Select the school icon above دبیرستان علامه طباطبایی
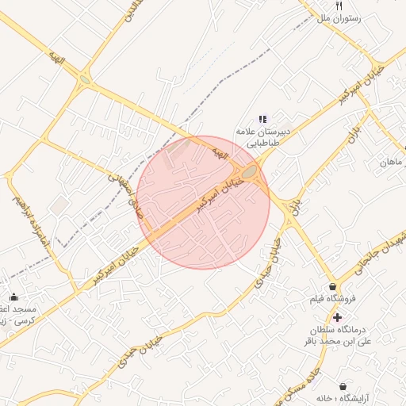tap(263, 119)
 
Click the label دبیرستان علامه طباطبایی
tap(262, 137)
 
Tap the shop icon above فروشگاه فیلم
tap(331, 286)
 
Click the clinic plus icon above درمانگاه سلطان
tap(337, 316)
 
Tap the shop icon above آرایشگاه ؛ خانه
tap(344, 386)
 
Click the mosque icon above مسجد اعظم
tap(13, 297)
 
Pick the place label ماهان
tap(393, 162)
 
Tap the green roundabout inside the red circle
tap(250, 173)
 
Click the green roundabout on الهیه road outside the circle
tap(85, 80)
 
